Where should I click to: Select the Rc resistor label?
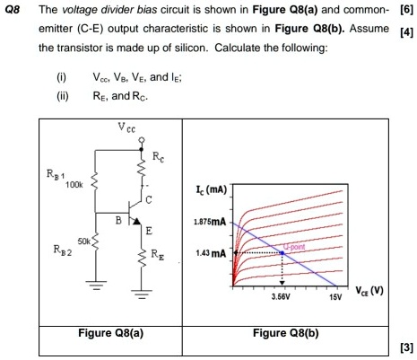(159, 158)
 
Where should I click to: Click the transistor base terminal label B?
(117, 218)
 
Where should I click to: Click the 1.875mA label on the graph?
(208, 221)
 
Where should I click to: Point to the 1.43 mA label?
(211, 254)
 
